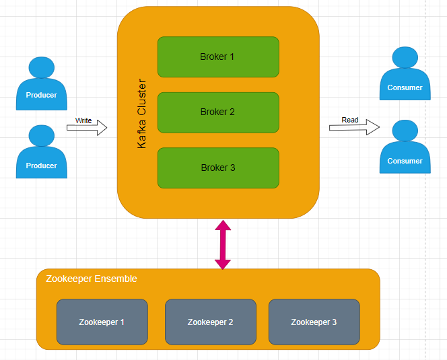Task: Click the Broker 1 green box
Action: [x=217, y=57]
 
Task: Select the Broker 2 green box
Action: [x=217, y=112]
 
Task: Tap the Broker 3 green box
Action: [x=217, y=168]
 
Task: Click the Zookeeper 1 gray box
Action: [x=102, y=322]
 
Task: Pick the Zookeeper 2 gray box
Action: [x=210, y=322]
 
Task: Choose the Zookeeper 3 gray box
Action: [x=314, y=322]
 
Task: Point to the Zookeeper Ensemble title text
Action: [x=92, y=279]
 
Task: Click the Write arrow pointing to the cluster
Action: [x=88, y=128]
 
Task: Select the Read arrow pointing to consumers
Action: [x=354, y=127]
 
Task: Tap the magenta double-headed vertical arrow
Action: [x=222, y=244]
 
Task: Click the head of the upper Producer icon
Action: [x=42, y=68]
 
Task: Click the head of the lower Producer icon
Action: [x=42, y=137]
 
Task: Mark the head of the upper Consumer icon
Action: [x=405, y=58]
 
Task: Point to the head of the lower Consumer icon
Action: [x=405, y=131]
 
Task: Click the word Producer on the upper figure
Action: [x=42, y=95]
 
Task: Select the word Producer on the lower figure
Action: [x=42, y=166]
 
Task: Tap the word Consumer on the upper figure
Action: [x=405, y=87]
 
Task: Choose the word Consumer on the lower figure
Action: [x=405, y=161]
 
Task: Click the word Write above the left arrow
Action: [x=83, y=120]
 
